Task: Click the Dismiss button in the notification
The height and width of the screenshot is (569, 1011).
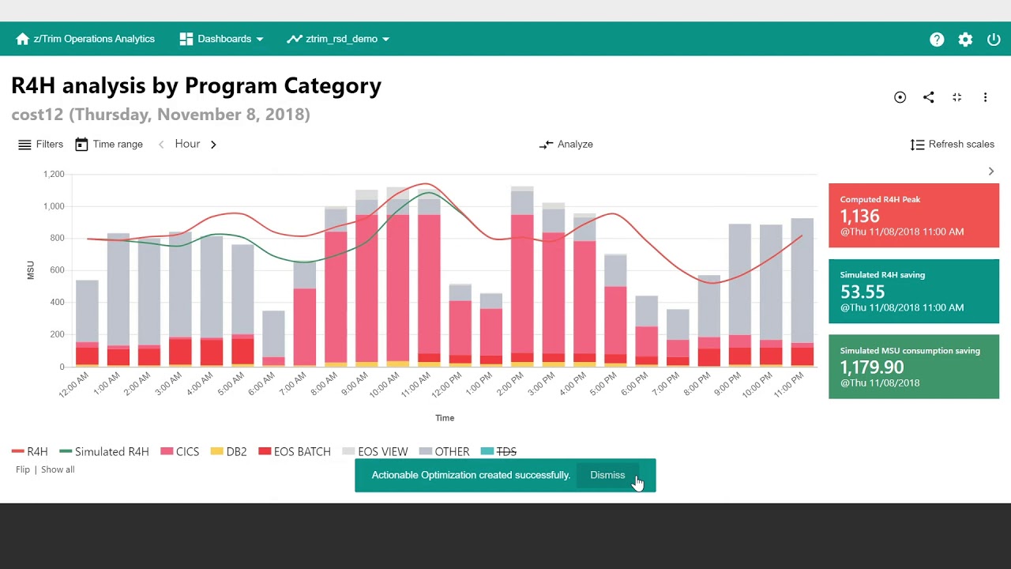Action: point(607,475)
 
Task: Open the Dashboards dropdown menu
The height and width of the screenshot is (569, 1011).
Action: point(221,39)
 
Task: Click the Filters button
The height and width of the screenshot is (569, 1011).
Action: point(40,144)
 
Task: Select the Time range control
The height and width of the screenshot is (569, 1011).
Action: point(109,144)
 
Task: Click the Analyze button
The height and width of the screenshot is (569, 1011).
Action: point(566,144)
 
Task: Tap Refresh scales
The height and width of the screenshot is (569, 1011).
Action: point(953,144)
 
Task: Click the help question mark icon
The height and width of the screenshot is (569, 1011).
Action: point(937,40)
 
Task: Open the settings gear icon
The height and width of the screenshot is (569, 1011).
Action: point(965,40)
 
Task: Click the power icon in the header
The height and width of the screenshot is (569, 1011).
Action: point(994,40)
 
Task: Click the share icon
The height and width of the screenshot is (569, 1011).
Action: point(928,97)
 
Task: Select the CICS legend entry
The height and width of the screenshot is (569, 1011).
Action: point(180,451)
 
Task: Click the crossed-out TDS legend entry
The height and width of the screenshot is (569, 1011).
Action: point(499,451)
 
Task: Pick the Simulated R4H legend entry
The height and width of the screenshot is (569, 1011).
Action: point(104,451)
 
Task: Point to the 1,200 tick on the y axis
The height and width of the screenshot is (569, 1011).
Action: point(54,175)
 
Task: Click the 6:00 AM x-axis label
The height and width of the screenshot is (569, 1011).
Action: point(262,384)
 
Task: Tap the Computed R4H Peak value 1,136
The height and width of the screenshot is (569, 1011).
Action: point(860,216)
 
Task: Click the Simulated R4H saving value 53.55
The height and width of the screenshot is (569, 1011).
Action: point(863,292)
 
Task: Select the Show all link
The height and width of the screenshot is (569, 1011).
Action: point(58,469)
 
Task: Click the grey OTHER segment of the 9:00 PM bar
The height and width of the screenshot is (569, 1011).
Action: point(740,279)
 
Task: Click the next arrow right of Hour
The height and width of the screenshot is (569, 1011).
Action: point(213,145)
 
